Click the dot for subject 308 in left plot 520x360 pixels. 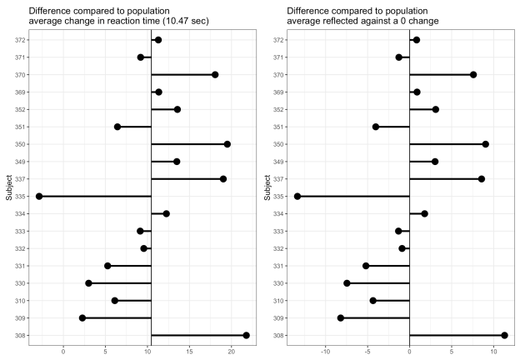point(246,335)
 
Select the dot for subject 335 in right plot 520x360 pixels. point(297,196)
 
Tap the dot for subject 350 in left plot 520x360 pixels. point(227,144)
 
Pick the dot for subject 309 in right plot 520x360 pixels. point(341,317)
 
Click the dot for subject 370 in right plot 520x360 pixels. point(473,75)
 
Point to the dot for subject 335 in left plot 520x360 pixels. point(39,196)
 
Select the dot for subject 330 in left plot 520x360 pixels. point(88,283)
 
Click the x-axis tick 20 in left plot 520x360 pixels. point(231,352)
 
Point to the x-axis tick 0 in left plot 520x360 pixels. point(63,352)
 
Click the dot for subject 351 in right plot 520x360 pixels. point(376,127)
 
